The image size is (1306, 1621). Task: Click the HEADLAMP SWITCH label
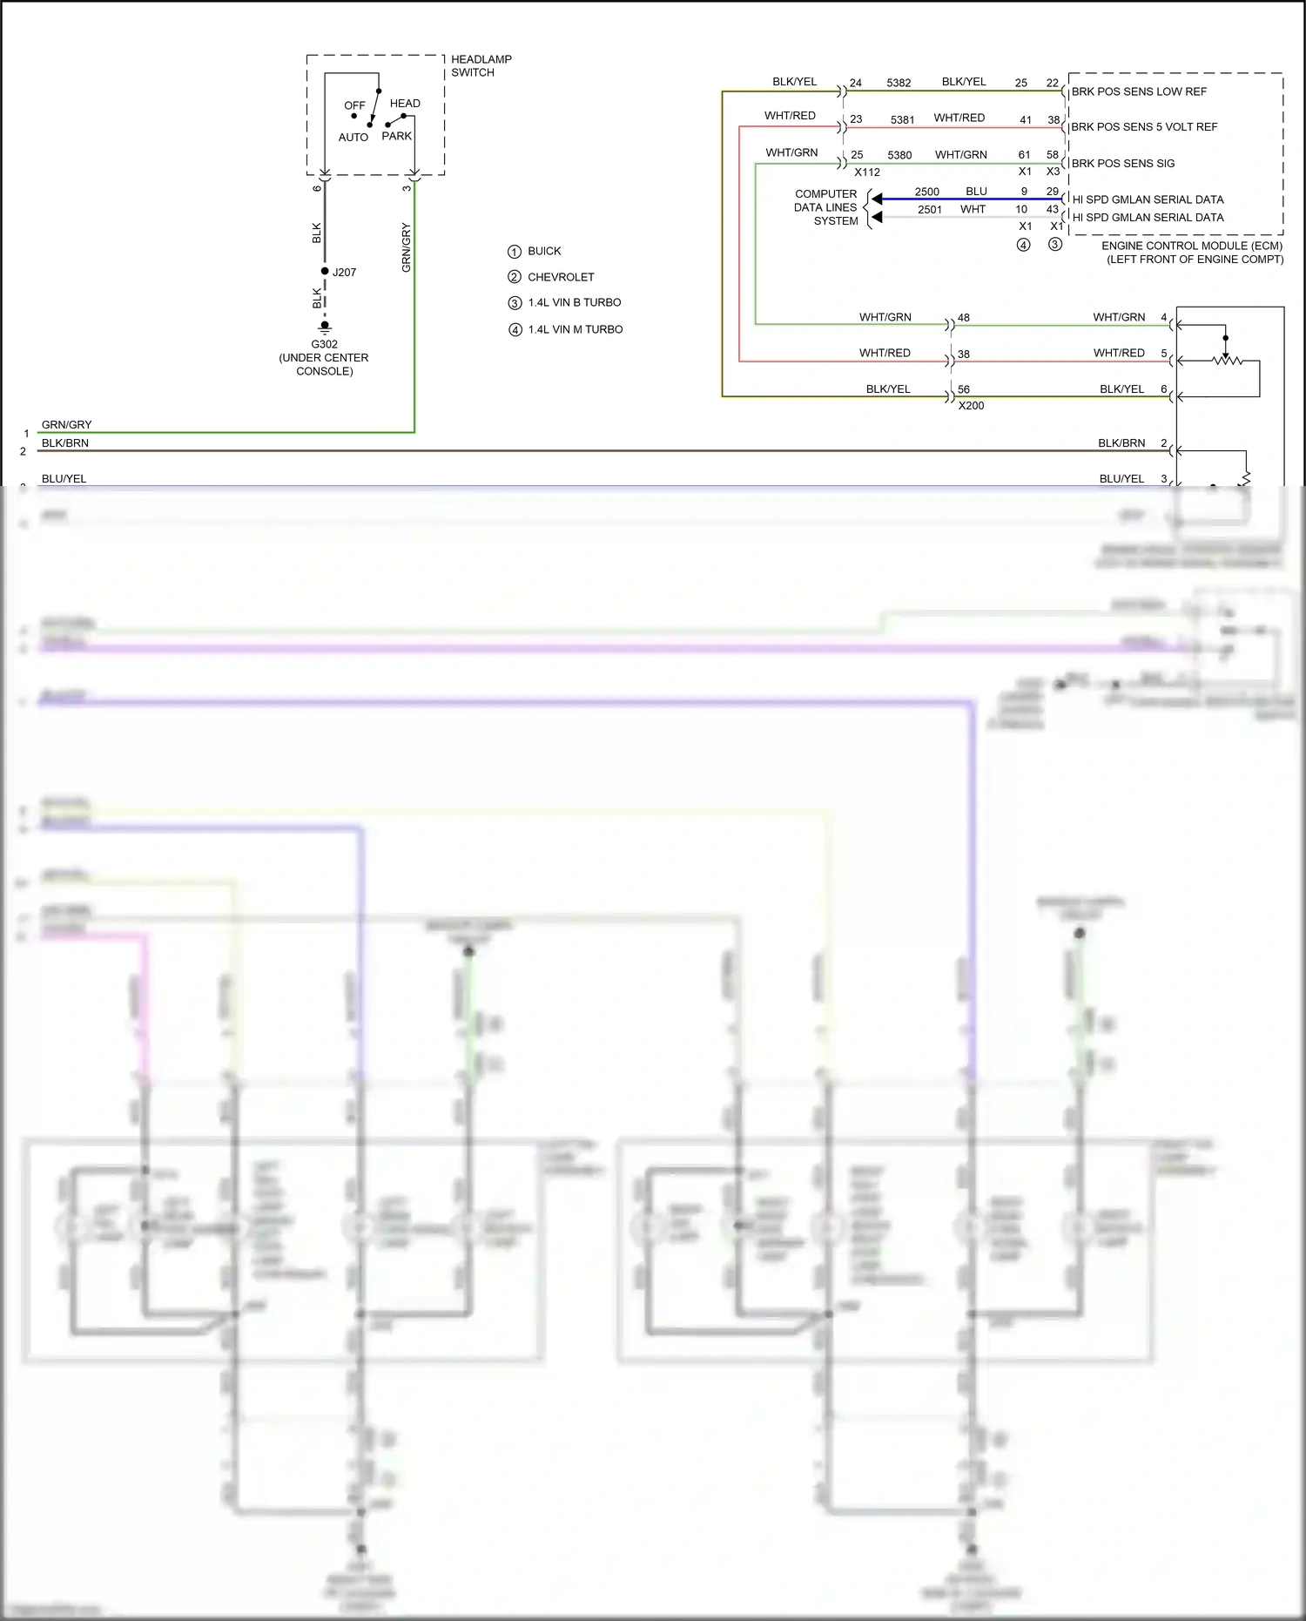pyautogui.click(x=481, y=66)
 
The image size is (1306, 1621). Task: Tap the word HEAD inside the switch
pyautogui.click(x=405, y=104)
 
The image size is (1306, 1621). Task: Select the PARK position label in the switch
pyautogui.click(x=396, y=136)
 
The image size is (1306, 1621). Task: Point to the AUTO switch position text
pyautogui.click(x=353, y=138)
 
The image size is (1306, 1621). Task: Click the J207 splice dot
pyautogui.click(x=325, y=271)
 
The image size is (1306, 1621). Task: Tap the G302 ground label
pyautogui.click(x=324, y=344)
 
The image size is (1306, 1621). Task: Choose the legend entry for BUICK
pyautogui.click(x=544, y=251)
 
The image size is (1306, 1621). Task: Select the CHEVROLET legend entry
pyautogui.click(x=561, y=277)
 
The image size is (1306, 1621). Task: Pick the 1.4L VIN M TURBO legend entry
pyautogui.click(x=575, y=329)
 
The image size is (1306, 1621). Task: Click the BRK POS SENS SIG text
pyautogui.click(x=1122, y=164)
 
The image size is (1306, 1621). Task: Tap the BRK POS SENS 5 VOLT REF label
pyautogui.click(x=1144, y=127)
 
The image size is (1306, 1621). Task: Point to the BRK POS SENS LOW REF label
pyautogui.click(x=1139, y=91)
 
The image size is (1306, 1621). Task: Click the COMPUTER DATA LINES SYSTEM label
pyautogui.click(x=825, y=207)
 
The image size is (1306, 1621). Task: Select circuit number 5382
pyautogui.click(x=899, y=83)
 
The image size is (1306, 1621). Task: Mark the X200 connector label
pyautogui.click(x=971, y=406)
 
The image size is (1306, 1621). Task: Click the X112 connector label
pyautogui.click(x=867, y=172)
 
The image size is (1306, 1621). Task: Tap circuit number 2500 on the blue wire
pyautogui.click(x=926, y=192)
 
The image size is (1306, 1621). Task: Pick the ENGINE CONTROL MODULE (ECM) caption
pyautogui.click(x=1192, y=247)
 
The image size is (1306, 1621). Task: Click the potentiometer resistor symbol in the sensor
pyautogui.click(x=1228, y=360)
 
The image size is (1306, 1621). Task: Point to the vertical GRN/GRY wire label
pyautogui.click(x=407, y=247)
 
